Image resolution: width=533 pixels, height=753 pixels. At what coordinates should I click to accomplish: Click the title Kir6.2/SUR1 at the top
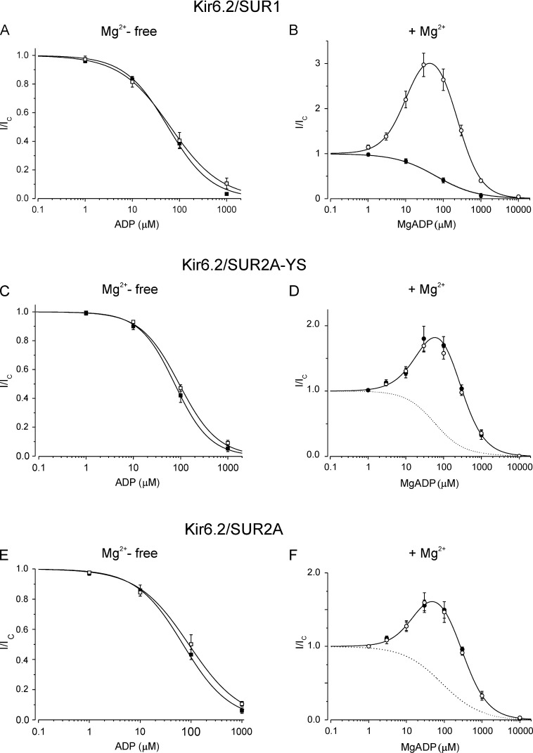(266, 9)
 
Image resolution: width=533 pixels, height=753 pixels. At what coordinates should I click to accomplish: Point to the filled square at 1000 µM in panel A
(226, 193)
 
